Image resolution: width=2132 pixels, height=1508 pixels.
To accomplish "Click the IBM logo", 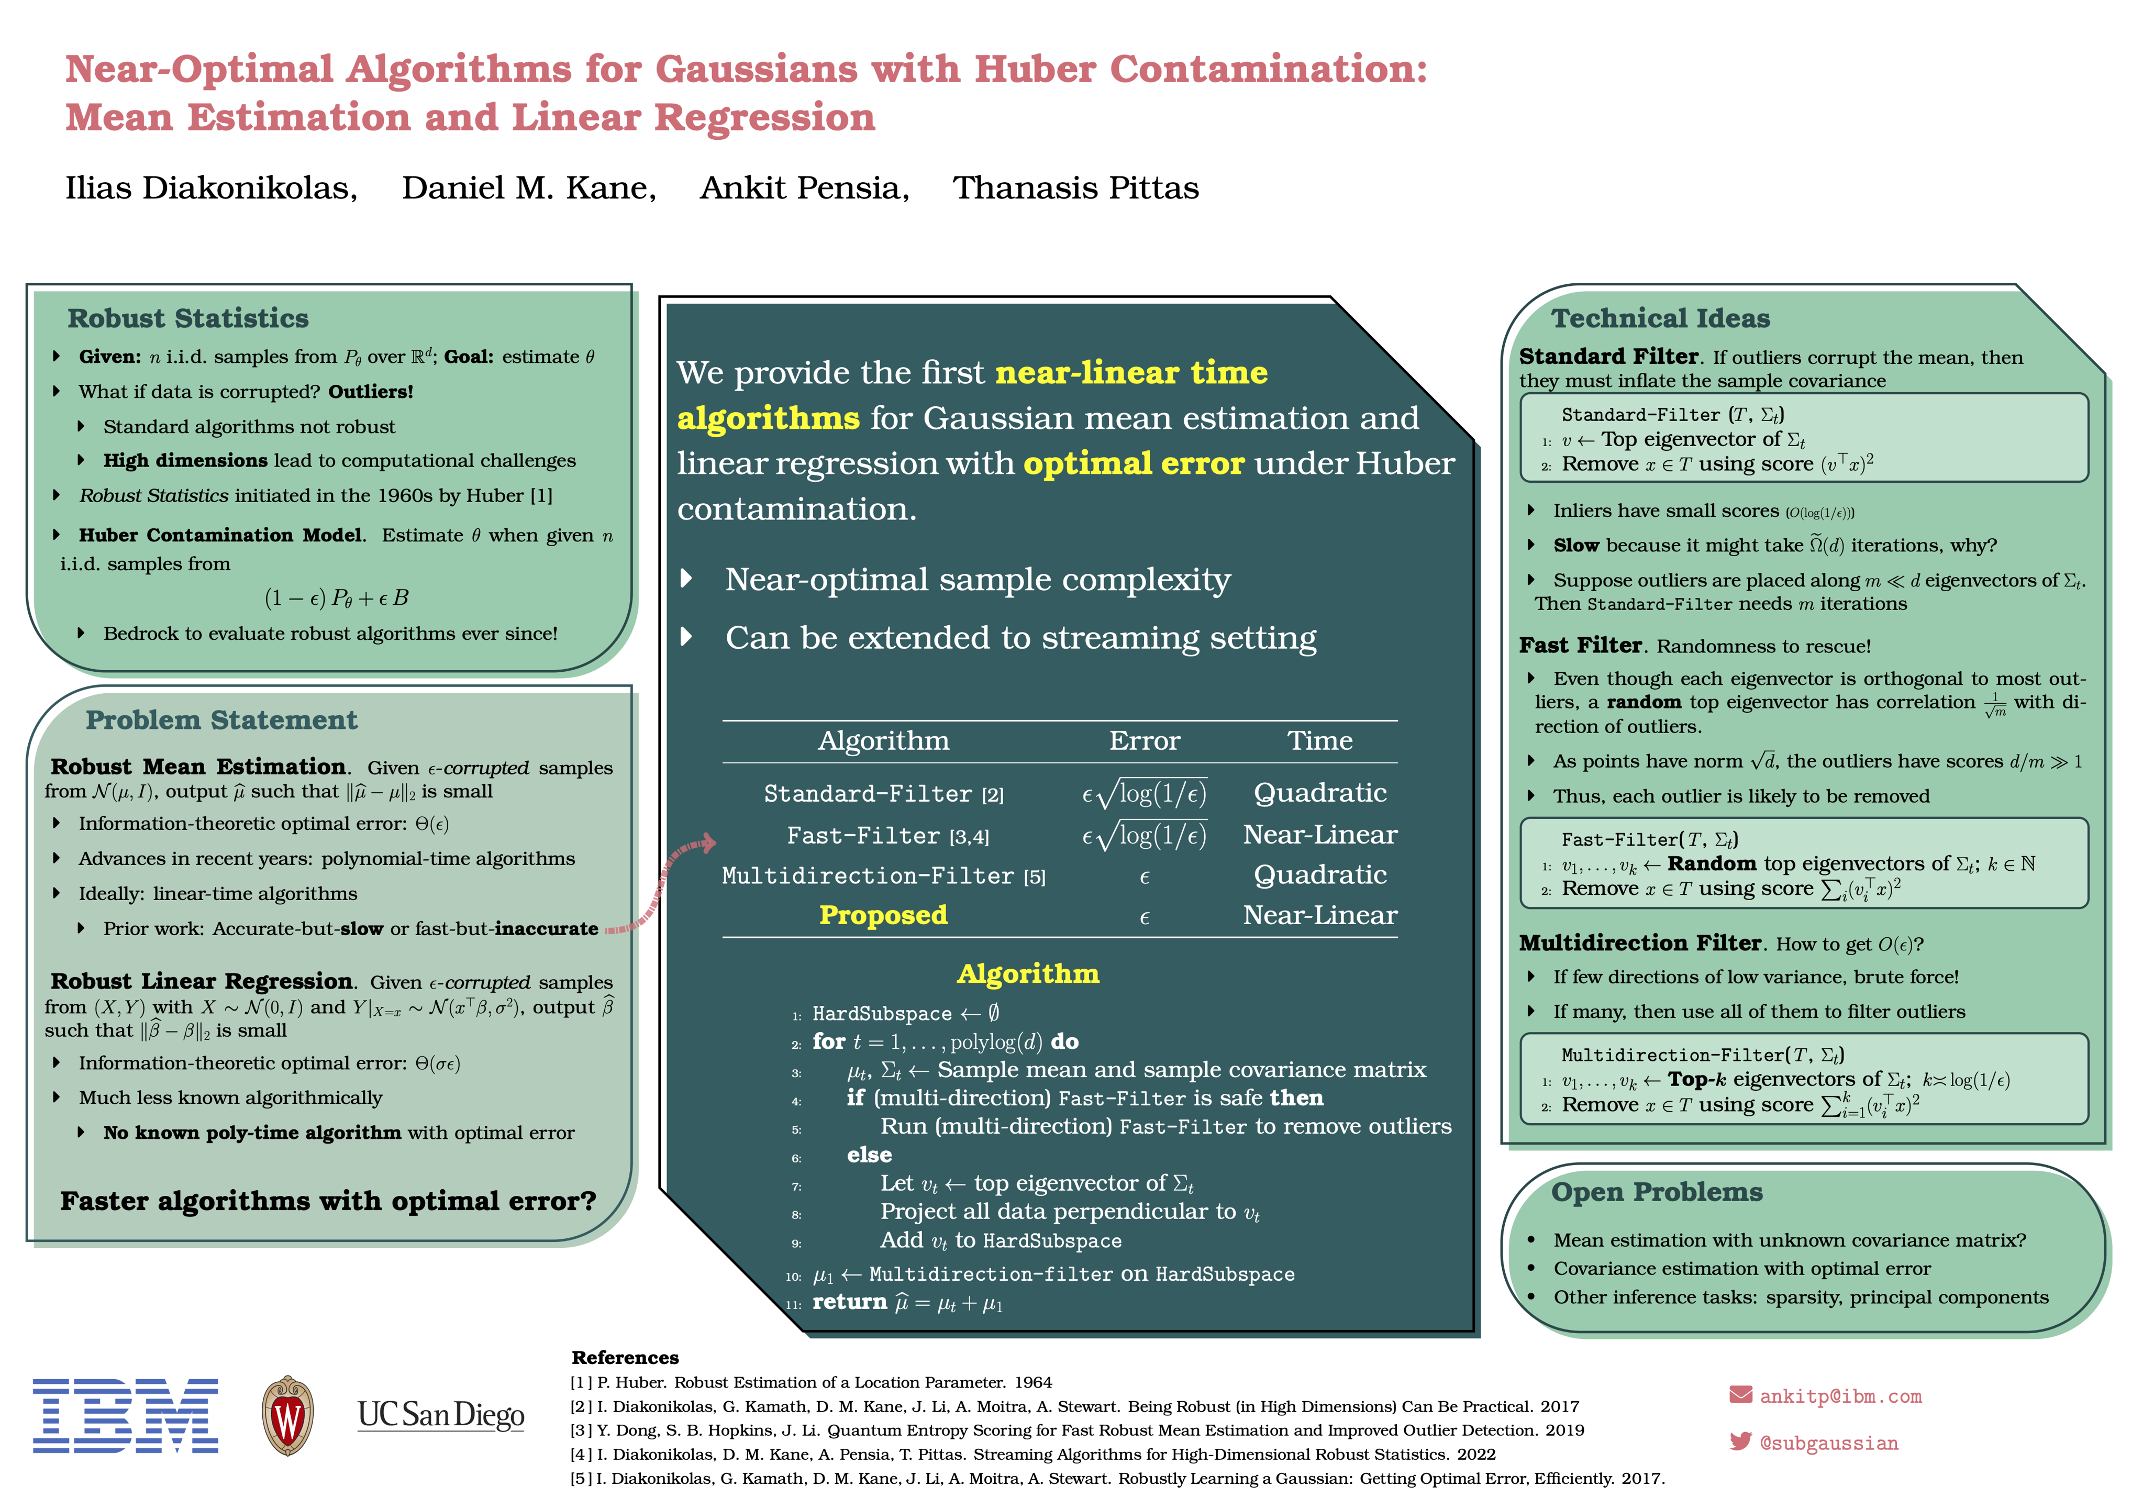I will (125, 1415).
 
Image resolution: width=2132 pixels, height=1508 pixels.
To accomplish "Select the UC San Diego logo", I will (441, 1415).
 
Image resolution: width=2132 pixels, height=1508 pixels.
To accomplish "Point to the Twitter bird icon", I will (1740, 1441).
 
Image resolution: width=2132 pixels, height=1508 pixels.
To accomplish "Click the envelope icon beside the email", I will (1740, 1395).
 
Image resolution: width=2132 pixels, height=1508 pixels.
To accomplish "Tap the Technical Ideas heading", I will (1660, 318).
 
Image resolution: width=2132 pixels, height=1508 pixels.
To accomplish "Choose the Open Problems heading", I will (1657, 1192).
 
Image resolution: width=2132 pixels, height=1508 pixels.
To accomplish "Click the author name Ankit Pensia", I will (804, 188).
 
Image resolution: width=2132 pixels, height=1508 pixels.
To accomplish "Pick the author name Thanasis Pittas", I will (1075, 188).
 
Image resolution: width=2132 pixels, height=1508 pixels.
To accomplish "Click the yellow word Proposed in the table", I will (883, 916).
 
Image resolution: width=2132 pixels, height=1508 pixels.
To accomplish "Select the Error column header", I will (1144, 741).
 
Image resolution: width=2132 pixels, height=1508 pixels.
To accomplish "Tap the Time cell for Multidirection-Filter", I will (1319, 875).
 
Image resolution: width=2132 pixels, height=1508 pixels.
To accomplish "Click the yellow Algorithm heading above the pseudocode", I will (1028, 973).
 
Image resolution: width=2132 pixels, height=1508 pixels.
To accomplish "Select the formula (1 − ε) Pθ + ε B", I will (336, 598).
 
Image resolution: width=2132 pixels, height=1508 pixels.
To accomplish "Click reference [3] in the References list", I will (1077, 1430).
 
